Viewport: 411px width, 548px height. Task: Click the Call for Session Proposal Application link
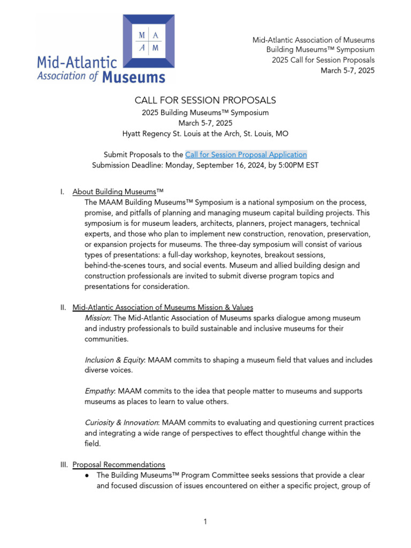point(246,155)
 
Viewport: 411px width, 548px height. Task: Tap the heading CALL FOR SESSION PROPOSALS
point(205,100)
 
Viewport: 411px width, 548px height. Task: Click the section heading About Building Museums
point(118,191)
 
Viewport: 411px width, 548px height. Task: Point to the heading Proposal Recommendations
point(119,464)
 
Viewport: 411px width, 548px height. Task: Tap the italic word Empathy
point(99,391)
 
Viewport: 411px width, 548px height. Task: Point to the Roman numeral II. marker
point(63,307)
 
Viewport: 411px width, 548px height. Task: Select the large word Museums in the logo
point(133,77)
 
